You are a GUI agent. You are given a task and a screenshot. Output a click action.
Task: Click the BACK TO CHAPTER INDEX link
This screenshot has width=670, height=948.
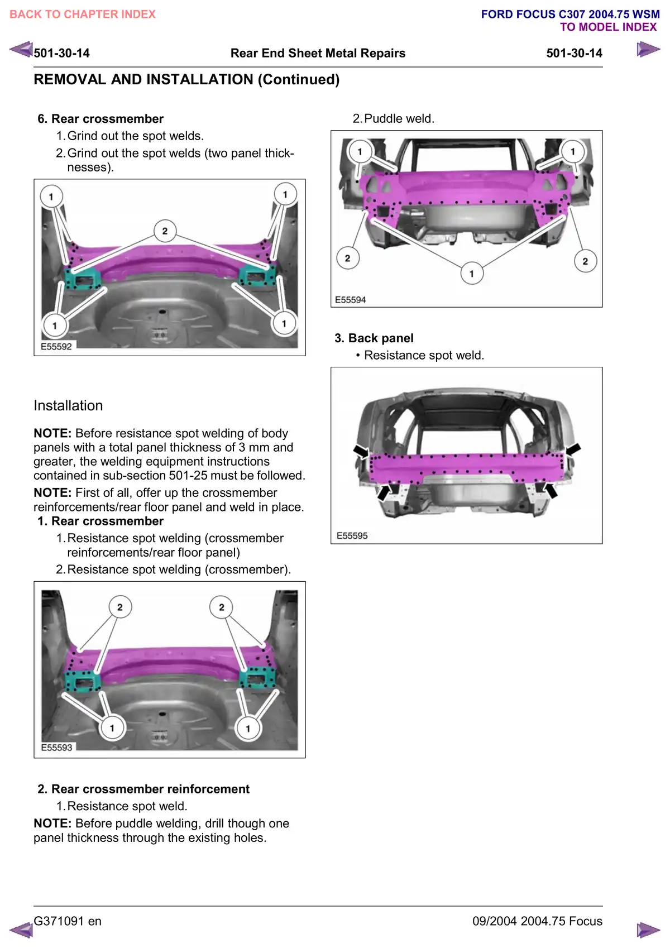pyautogui.click(x=83, y=15)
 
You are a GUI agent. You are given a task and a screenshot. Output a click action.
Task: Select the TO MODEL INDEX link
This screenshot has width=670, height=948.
pyautogui.click(x=608, y=27)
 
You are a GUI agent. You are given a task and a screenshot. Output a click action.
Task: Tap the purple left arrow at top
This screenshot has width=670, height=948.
pyautogui.click(x=21, y=50)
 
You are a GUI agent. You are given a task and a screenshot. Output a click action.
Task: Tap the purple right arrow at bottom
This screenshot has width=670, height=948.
pyautogui.click(x=648, y=930)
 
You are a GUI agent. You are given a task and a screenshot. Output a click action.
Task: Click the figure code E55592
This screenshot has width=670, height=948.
pyautogui.click(x=56, y=347)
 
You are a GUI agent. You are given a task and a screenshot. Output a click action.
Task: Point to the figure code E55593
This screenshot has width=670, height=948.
pyautogui.click(x=56, y=748)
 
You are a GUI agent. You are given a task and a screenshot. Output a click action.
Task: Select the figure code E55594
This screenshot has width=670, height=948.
pyautogui.click(x=351, y=300)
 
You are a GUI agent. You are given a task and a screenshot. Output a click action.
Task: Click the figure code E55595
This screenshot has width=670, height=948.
pyautogui.click(x=352, y=536)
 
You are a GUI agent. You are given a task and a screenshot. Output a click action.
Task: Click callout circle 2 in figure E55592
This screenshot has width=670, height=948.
pyautogui.click(x=165, y=231)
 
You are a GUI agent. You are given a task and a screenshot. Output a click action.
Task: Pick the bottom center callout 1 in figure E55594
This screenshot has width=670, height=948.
pyautogui.click(x=472, y=274)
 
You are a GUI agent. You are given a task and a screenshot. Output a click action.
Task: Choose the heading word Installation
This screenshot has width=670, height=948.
pyautogui.click(x=68, y=406)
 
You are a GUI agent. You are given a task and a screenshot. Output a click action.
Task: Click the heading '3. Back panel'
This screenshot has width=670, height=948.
pyautogui.click(x=374, y=338)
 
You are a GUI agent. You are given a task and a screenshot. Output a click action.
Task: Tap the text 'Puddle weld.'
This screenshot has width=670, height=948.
pyautogui.click(x=399, y=119)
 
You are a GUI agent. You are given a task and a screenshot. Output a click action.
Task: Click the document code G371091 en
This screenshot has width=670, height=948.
pyautogui.click(x=68, y=921)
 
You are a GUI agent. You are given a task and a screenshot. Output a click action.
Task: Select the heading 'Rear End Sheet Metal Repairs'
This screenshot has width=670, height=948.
pyautogui.click(x=318, y=54)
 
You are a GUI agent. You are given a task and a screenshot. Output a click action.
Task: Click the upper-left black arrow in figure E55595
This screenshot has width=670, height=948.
pyautogui.click(x=361, y=451)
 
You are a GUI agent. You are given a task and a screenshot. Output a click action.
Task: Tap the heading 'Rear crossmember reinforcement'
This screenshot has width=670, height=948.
pyautogui.click(x=150, y=789)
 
